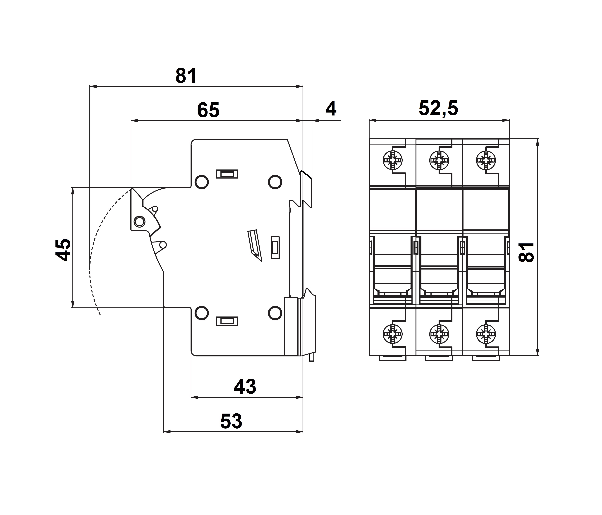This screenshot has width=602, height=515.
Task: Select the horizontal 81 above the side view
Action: tap(186, 76)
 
